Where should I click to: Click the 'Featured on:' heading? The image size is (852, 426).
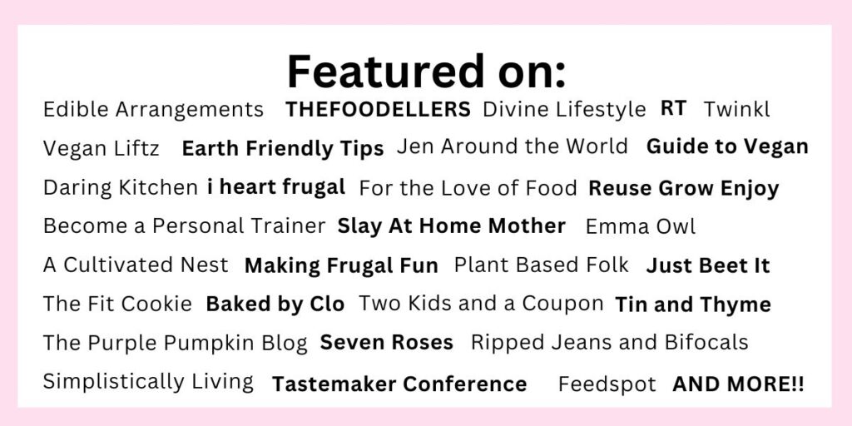pyautogui.click(x=427, y=71)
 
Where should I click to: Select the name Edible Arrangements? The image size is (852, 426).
pyautogui.click(x=153, y=110)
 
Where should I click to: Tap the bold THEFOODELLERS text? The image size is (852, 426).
pyautogui.click(x=379, y=110)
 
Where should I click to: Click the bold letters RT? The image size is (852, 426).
pyautogui.click(x=674, y=108)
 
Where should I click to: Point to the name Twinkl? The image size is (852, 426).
pyautogui.click(x=737, y=109)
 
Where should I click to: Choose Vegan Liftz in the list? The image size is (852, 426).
pyautogui.click(x=101, y=148)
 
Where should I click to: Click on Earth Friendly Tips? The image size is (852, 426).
pyautogui.click(x=283, y=149)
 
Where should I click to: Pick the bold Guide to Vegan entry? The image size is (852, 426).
pyautogui.click(x=727, y=146)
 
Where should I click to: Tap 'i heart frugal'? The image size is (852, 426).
pyautogui.click(x=276, y=187)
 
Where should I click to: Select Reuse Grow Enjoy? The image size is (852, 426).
pyautogui.click(x=684, y=189)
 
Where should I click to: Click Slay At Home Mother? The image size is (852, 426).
pyautogui.click(x=452, y=226)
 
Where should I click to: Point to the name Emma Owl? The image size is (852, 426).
pyautogui.click(x=641, y=226)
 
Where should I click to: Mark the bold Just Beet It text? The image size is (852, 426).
pyautogui.click(x=708, y=265)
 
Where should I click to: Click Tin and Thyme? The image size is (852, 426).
pyautogui.click(x=693, y=305)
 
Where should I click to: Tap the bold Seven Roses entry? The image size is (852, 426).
pyautogui.click(x=386, y=342)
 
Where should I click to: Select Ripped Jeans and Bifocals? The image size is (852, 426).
pyautogui.click(x=610, y=343)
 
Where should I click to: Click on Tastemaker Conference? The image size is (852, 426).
pyautogui.click(x=399, y=384)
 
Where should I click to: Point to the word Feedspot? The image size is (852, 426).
pyautogui.click(x=607, y=384)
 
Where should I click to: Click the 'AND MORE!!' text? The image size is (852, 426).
pyautogui.click(x=739, y=384)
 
